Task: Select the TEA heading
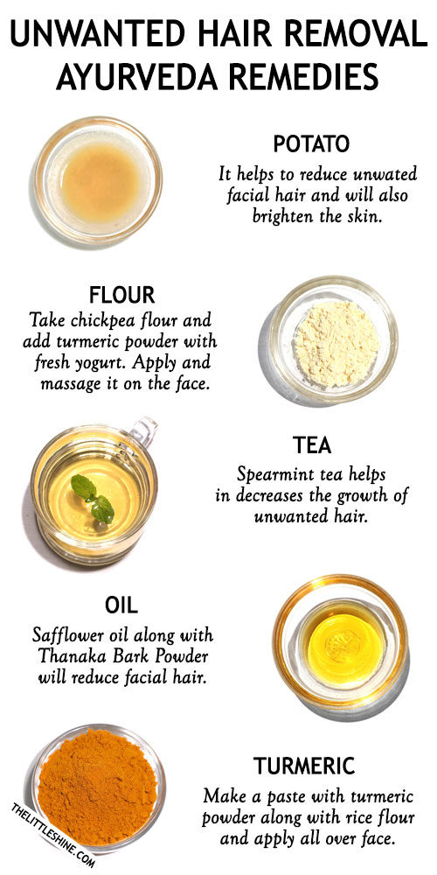coord(313,445)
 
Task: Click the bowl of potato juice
coord(98,179)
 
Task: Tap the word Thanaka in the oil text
coord(87,655)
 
